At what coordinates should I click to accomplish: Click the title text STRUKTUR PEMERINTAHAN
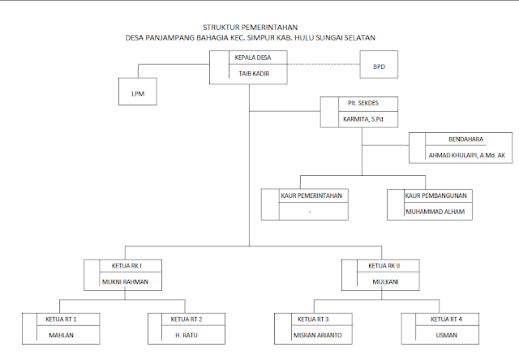251,27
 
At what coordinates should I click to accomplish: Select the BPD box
379,65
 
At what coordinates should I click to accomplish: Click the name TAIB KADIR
253,75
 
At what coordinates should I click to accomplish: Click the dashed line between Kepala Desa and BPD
325,65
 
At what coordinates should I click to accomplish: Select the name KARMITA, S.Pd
362,120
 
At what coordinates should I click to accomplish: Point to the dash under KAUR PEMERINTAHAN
310,212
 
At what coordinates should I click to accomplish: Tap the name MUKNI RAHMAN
127,282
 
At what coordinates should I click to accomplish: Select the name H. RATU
187,334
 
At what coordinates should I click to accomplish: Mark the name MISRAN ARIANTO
316,334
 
